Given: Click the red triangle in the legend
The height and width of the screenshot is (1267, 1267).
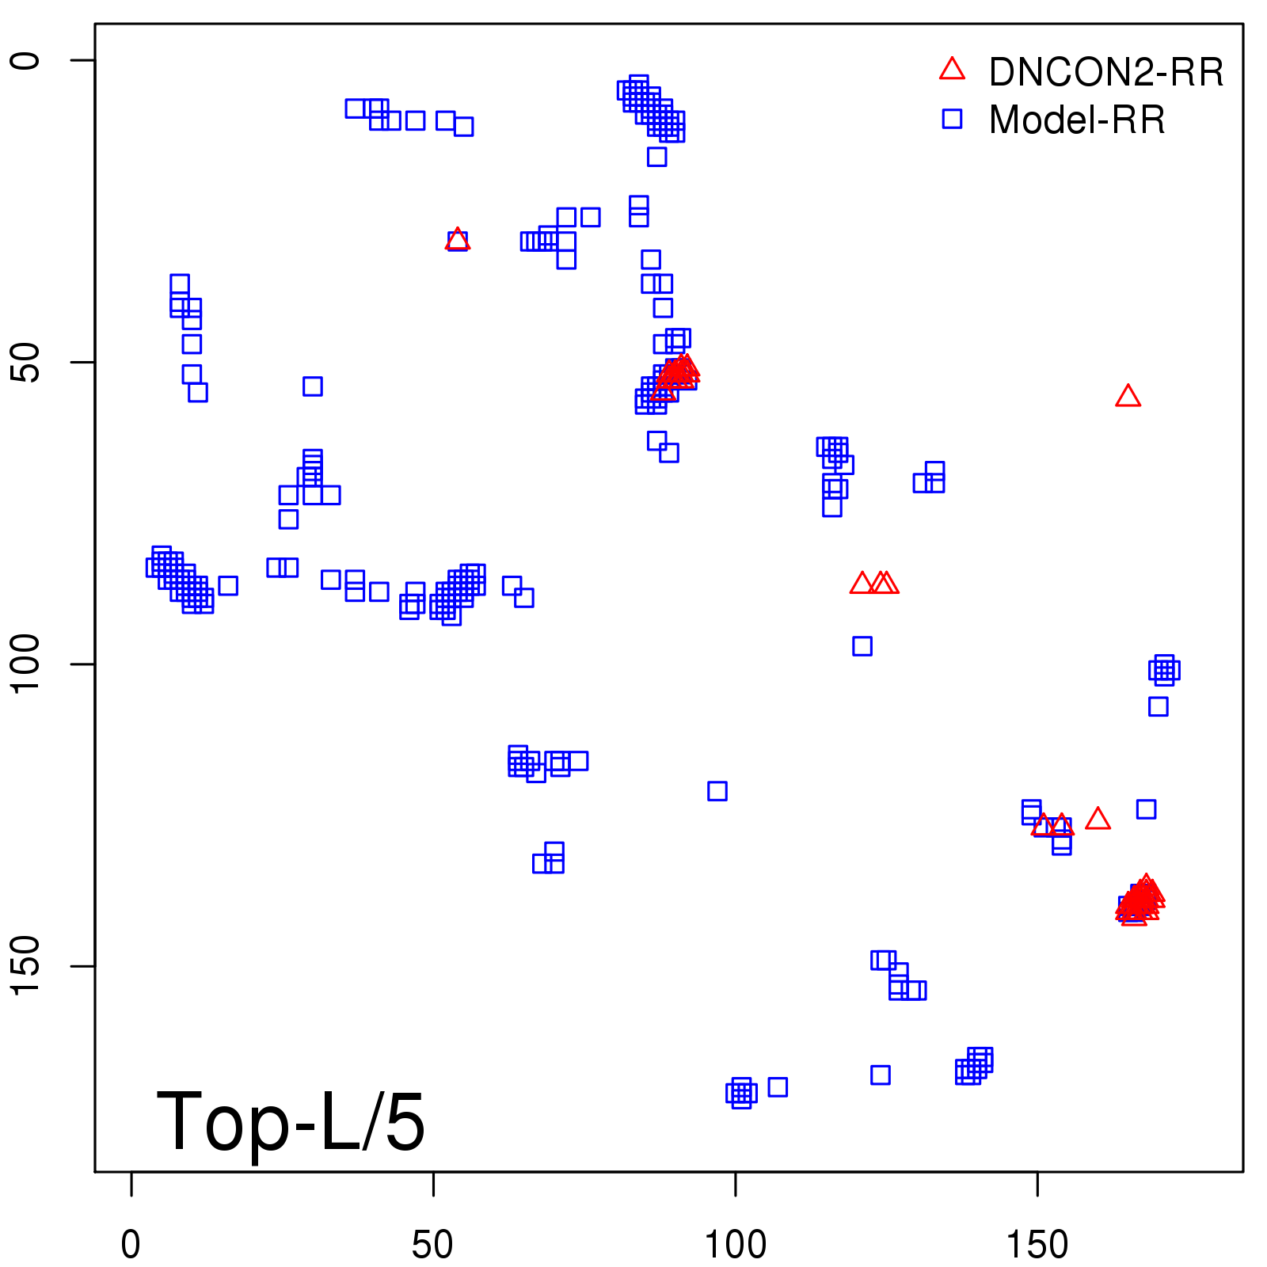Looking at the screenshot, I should (952, 70).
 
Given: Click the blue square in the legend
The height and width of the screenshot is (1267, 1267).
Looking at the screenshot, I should (952, 119).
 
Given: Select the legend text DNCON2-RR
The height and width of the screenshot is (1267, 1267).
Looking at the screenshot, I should (1106, 73).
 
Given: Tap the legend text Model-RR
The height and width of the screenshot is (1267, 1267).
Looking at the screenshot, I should (1077, 120).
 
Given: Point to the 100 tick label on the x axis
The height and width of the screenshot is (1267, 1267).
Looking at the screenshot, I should (736, 1246).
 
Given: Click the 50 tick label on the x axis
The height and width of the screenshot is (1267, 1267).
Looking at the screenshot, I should (433, 1246).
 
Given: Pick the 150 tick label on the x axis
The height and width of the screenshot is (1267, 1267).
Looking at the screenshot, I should (1037, 1246).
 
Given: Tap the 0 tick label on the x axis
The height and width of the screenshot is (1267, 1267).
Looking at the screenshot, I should (131, 1246).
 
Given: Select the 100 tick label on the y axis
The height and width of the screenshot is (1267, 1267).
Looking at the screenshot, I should (27, 664).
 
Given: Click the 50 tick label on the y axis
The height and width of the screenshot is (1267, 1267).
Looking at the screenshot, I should (27, 363).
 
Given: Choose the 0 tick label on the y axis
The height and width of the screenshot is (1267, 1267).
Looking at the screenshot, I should (27, 60).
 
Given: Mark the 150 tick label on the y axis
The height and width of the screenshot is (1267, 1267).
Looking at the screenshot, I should (27, 966).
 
